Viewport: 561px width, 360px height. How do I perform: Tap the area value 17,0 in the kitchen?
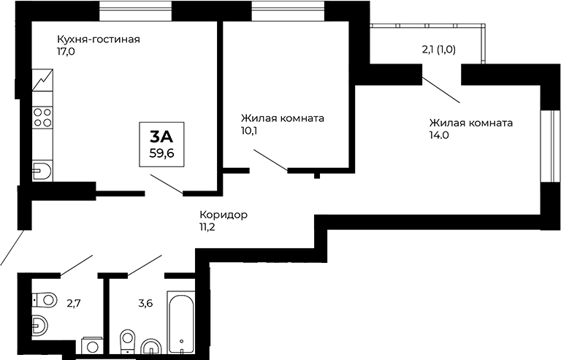point(68,53)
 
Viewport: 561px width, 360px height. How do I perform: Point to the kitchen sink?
point(42,171)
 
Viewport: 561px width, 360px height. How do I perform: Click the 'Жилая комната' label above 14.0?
point(470,123)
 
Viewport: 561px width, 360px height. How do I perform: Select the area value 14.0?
point(440,135)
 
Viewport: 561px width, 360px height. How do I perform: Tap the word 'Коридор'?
point(224,215)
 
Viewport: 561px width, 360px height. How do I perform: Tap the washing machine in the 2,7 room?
point(93,346)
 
